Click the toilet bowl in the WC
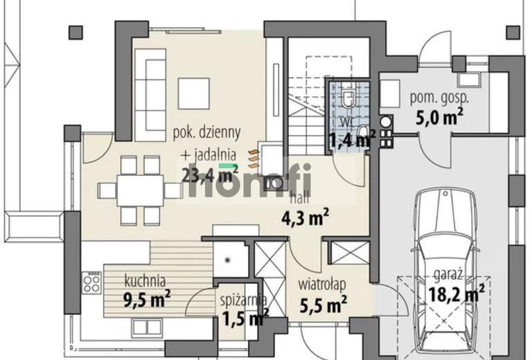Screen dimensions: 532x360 (348, 98)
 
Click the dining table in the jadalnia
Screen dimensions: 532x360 (140, 190)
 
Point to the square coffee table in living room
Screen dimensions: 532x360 (194, 93)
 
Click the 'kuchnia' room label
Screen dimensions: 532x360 (145, 281)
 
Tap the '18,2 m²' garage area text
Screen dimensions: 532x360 (456, 294)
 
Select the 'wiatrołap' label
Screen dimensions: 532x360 (322, 285)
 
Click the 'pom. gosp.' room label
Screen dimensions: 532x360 (439, 98)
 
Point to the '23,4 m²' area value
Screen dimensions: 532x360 (210, 175)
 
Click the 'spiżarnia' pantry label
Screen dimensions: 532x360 (243, 300)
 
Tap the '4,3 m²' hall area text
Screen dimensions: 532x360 (305, 217)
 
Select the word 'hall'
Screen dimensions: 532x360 (300, 198)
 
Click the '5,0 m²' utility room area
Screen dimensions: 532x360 (439, 118)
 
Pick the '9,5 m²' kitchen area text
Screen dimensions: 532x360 (147, 299)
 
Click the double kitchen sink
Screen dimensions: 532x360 (148, 327)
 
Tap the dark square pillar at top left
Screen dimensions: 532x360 (76, 33)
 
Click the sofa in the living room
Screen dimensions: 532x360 (150, 95)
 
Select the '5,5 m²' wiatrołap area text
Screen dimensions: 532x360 (323, 304)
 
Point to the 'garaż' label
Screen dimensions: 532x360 (449, 275)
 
